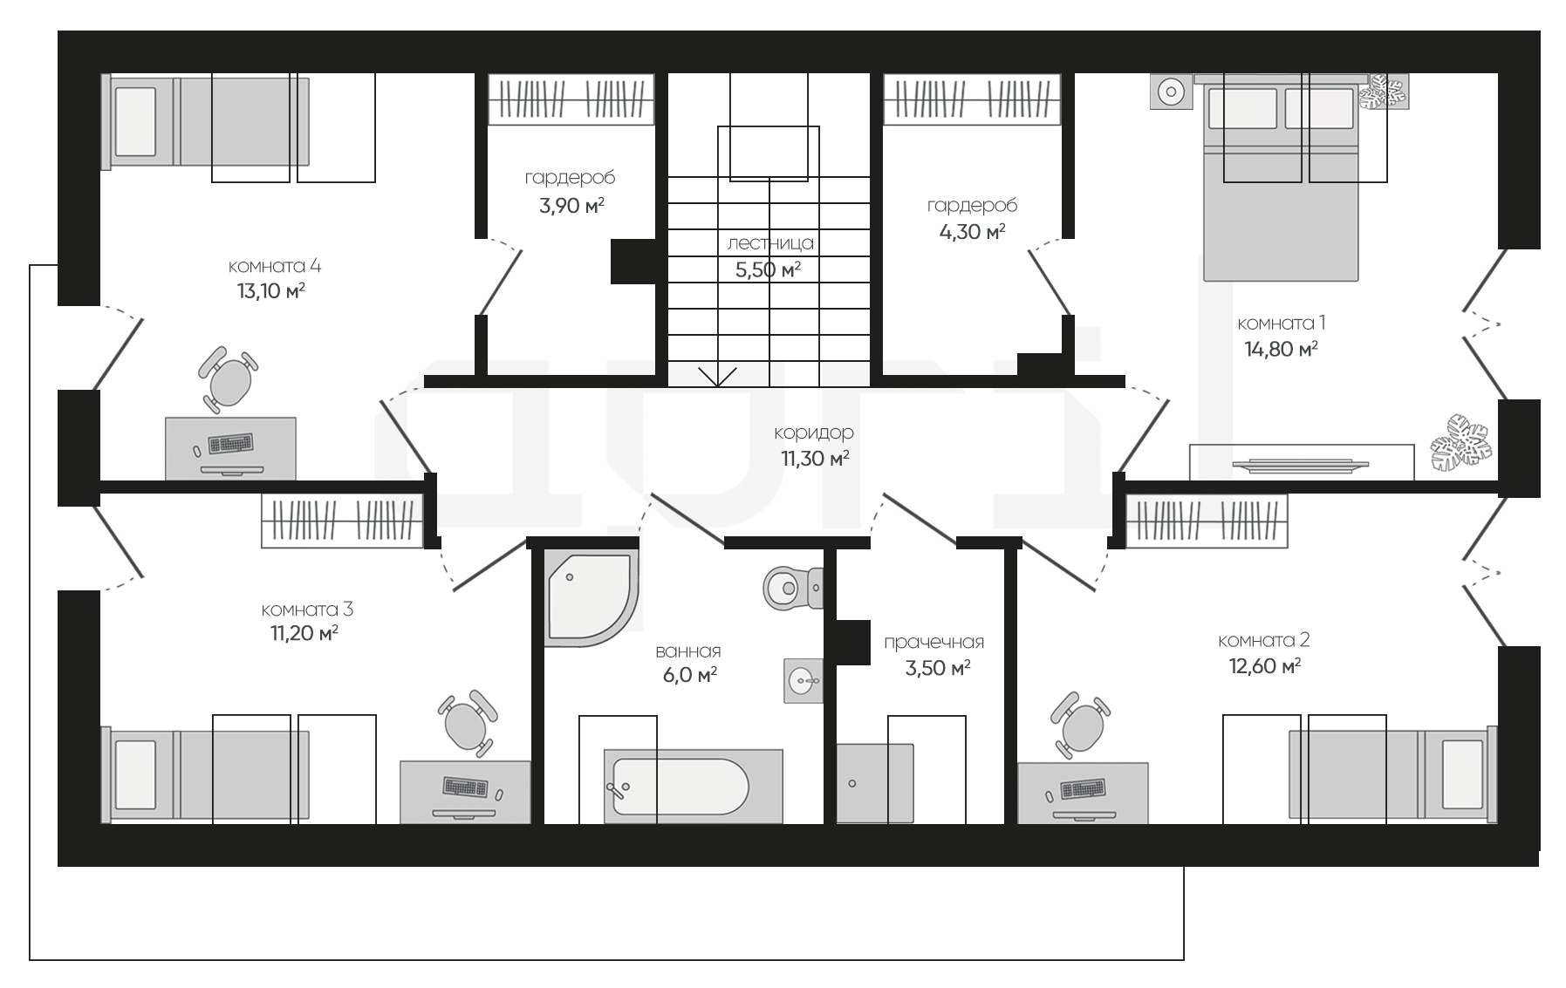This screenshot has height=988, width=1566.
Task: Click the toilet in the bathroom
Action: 792,589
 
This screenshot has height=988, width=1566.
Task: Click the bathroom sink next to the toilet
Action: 803,679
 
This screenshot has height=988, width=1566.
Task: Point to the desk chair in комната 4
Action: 229,378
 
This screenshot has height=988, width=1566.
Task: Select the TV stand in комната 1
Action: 1302,461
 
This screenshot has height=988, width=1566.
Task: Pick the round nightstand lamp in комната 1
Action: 1171,92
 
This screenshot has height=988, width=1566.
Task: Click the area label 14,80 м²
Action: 1281,349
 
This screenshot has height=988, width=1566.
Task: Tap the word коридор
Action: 813,433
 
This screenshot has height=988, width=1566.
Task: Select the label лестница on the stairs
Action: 770,243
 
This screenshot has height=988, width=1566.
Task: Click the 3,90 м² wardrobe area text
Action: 571,206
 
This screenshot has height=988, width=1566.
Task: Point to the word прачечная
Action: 933,643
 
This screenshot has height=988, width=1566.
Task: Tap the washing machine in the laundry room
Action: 875,783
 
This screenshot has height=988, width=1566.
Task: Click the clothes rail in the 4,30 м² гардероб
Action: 972,99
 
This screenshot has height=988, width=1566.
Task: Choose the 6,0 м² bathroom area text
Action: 689,675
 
